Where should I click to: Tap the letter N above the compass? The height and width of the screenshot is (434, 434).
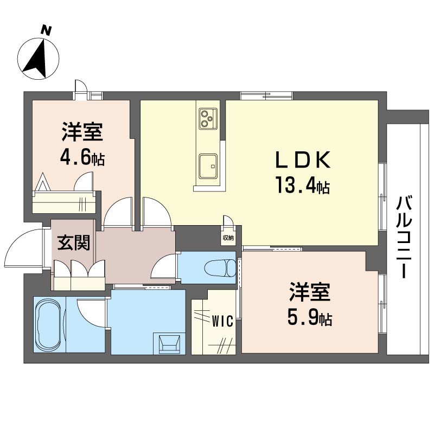click(47, 30)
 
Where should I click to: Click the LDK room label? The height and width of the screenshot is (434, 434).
click(303, 160)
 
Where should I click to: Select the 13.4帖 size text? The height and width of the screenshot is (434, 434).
click(303, 186)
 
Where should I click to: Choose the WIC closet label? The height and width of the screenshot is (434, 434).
click(222, 322)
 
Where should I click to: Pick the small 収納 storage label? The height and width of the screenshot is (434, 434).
click(228, 238)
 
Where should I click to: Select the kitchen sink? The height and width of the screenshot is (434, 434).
click(208, 166)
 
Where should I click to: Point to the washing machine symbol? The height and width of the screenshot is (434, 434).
click(170, 343)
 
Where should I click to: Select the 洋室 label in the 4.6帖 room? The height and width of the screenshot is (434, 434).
click(82, 132)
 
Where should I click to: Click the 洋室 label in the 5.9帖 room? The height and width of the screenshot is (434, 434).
click(309, 292)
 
